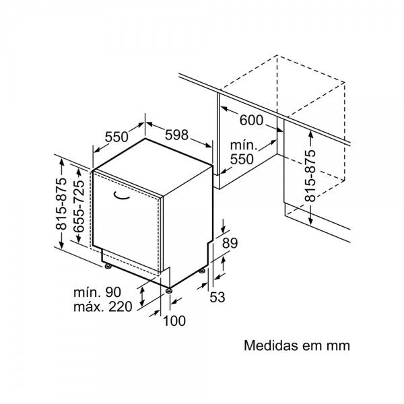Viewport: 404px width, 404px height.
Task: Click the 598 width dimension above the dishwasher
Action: pos(176,135)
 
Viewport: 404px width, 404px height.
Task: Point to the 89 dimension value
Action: pos(230,244)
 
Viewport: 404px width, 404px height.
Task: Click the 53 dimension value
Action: pos(216,296)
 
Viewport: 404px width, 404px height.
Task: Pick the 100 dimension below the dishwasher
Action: pos(174,321)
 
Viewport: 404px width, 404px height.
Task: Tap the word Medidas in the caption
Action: pos(269,346)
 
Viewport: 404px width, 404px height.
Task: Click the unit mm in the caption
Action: pos(338,346)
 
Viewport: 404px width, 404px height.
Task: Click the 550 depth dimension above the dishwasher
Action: pos(116,136)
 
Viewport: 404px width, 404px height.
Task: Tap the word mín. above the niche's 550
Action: pos(243,145)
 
